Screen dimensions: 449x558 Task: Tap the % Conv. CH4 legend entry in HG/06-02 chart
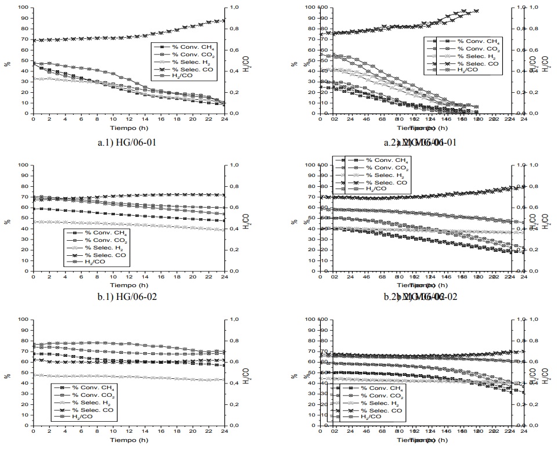[x=95, y=234]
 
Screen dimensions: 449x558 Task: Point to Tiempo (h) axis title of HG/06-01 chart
[x=128, y=127]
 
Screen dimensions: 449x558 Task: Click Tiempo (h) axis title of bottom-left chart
[x=128, y=439]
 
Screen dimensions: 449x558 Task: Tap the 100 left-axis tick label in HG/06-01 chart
[x=22, y=8]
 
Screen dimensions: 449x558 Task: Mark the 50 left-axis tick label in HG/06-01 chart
[x=24, y=60]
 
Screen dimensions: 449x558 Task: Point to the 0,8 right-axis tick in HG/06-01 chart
[x=233, y=28]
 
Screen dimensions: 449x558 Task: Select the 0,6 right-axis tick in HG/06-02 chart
[x=233, y=207]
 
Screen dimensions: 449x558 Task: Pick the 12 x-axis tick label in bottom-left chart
[x=129, y=432]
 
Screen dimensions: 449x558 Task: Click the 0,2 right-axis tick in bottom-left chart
[x=233, y=404]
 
